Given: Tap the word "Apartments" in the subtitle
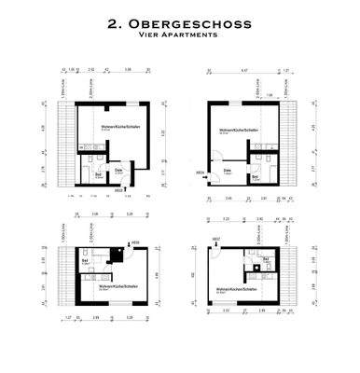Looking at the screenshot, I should (x=191, y=35).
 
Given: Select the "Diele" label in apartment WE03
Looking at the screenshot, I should (x=119, y=170).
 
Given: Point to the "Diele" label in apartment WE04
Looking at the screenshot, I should (x=228, y=172).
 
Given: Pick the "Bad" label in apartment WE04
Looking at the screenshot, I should (x=256, y=176).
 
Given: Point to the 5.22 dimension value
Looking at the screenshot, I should (x=165, y=133).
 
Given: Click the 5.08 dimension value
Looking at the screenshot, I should (x=153, y=69).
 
